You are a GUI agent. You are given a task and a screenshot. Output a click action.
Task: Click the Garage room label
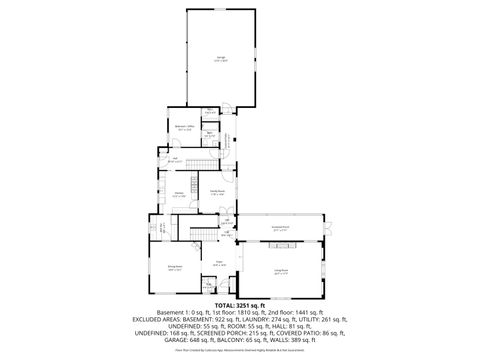[x=221, y=60]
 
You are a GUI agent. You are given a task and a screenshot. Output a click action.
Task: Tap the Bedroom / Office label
[x=184, y=128]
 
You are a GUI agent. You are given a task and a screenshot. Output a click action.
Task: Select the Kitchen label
[x=179, y=193]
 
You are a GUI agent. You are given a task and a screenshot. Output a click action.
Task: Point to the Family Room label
[x=216, y=192]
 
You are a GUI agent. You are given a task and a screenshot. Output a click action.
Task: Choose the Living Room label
[x=281, y=270]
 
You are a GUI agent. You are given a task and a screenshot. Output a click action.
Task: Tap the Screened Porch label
[x=281, y=228]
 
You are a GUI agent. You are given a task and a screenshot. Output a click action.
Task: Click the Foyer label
[x=217, y=263]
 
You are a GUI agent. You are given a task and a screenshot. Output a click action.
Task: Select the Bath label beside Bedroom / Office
[x=211, y=133]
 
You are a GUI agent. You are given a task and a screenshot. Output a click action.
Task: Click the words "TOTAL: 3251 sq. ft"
[x=240, y=303]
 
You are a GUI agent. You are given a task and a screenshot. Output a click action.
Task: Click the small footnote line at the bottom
[x=240, y=350]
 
